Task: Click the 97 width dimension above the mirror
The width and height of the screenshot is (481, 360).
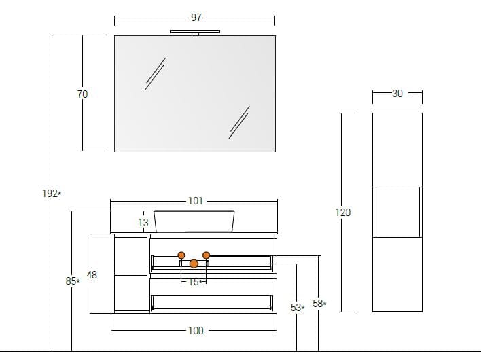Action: (x=196, y=18)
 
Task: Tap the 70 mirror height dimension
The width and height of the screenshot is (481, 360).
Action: (x=82, y=94)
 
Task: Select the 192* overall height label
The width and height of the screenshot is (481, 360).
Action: (x=52, y=194)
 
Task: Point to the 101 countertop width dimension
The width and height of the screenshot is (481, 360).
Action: (x=196, y=201)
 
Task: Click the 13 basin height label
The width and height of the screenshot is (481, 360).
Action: (x=143, y=222)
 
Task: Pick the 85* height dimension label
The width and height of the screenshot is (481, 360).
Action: (x=73, y=281)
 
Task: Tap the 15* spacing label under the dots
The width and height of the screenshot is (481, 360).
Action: (x=196, y=282)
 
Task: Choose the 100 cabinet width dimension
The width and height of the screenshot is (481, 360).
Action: (x=196, y=331)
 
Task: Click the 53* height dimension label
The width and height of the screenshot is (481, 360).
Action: (x=298, y=307)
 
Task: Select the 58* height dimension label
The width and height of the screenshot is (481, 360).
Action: (x=319, y=304)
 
